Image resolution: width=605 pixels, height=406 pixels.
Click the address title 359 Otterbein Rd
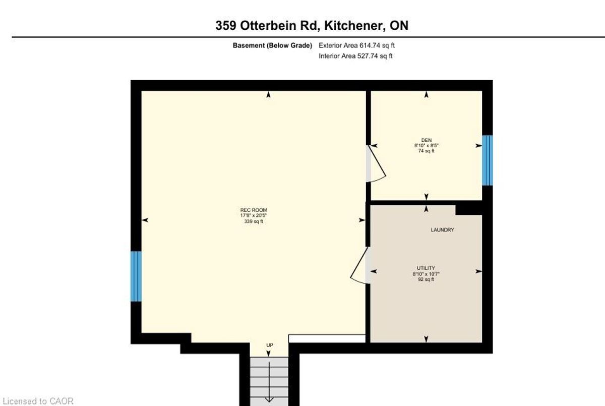tap(266, 26)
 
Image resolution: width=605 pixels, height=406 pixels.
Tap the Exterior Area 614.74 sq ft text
tap(356, 45)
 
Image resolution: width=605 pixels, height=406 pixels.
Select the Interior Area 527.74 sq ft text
tap(355, 56)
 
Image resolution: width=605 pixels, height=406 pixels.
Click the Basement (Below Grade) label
tap(272, 45)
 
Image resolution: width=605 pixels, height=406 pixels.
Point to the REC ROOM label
tap(253, 210)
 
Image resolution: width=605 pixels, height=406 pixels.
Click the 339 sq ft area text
tap(253, 221)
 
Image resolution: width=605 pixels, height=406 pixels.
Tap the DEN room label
tap(426, 140)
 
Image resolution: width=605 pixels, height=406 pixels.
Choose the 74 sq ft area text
tap(426, 151)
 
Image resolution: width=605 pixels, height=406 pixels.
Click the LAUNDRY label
tap(442, 229)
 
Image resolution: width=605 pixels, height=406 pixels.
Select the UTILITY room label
tap(426, 268)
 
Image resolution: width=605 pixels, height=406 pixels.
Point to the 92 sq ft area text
tap(426, 279)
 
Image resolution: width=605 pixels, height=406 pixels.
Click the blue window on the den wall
tap(487, 160)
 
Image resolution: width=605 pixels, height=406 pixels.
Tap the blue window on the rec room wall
tap(136, 276)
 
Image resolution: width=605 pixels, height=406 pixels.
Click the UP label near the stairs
tap(270, 345)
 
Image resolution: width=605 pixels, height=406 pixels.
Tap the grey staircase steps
tap(269, 381)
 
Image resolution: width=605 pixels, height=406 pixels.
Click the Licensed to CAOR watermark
tap(38, 401)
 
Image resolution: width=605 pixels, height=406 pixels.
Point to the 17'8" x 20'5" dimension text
tap(253, 215)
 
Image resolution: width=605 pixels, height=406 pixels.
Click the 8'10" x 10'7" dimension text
tap(426, 274)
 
